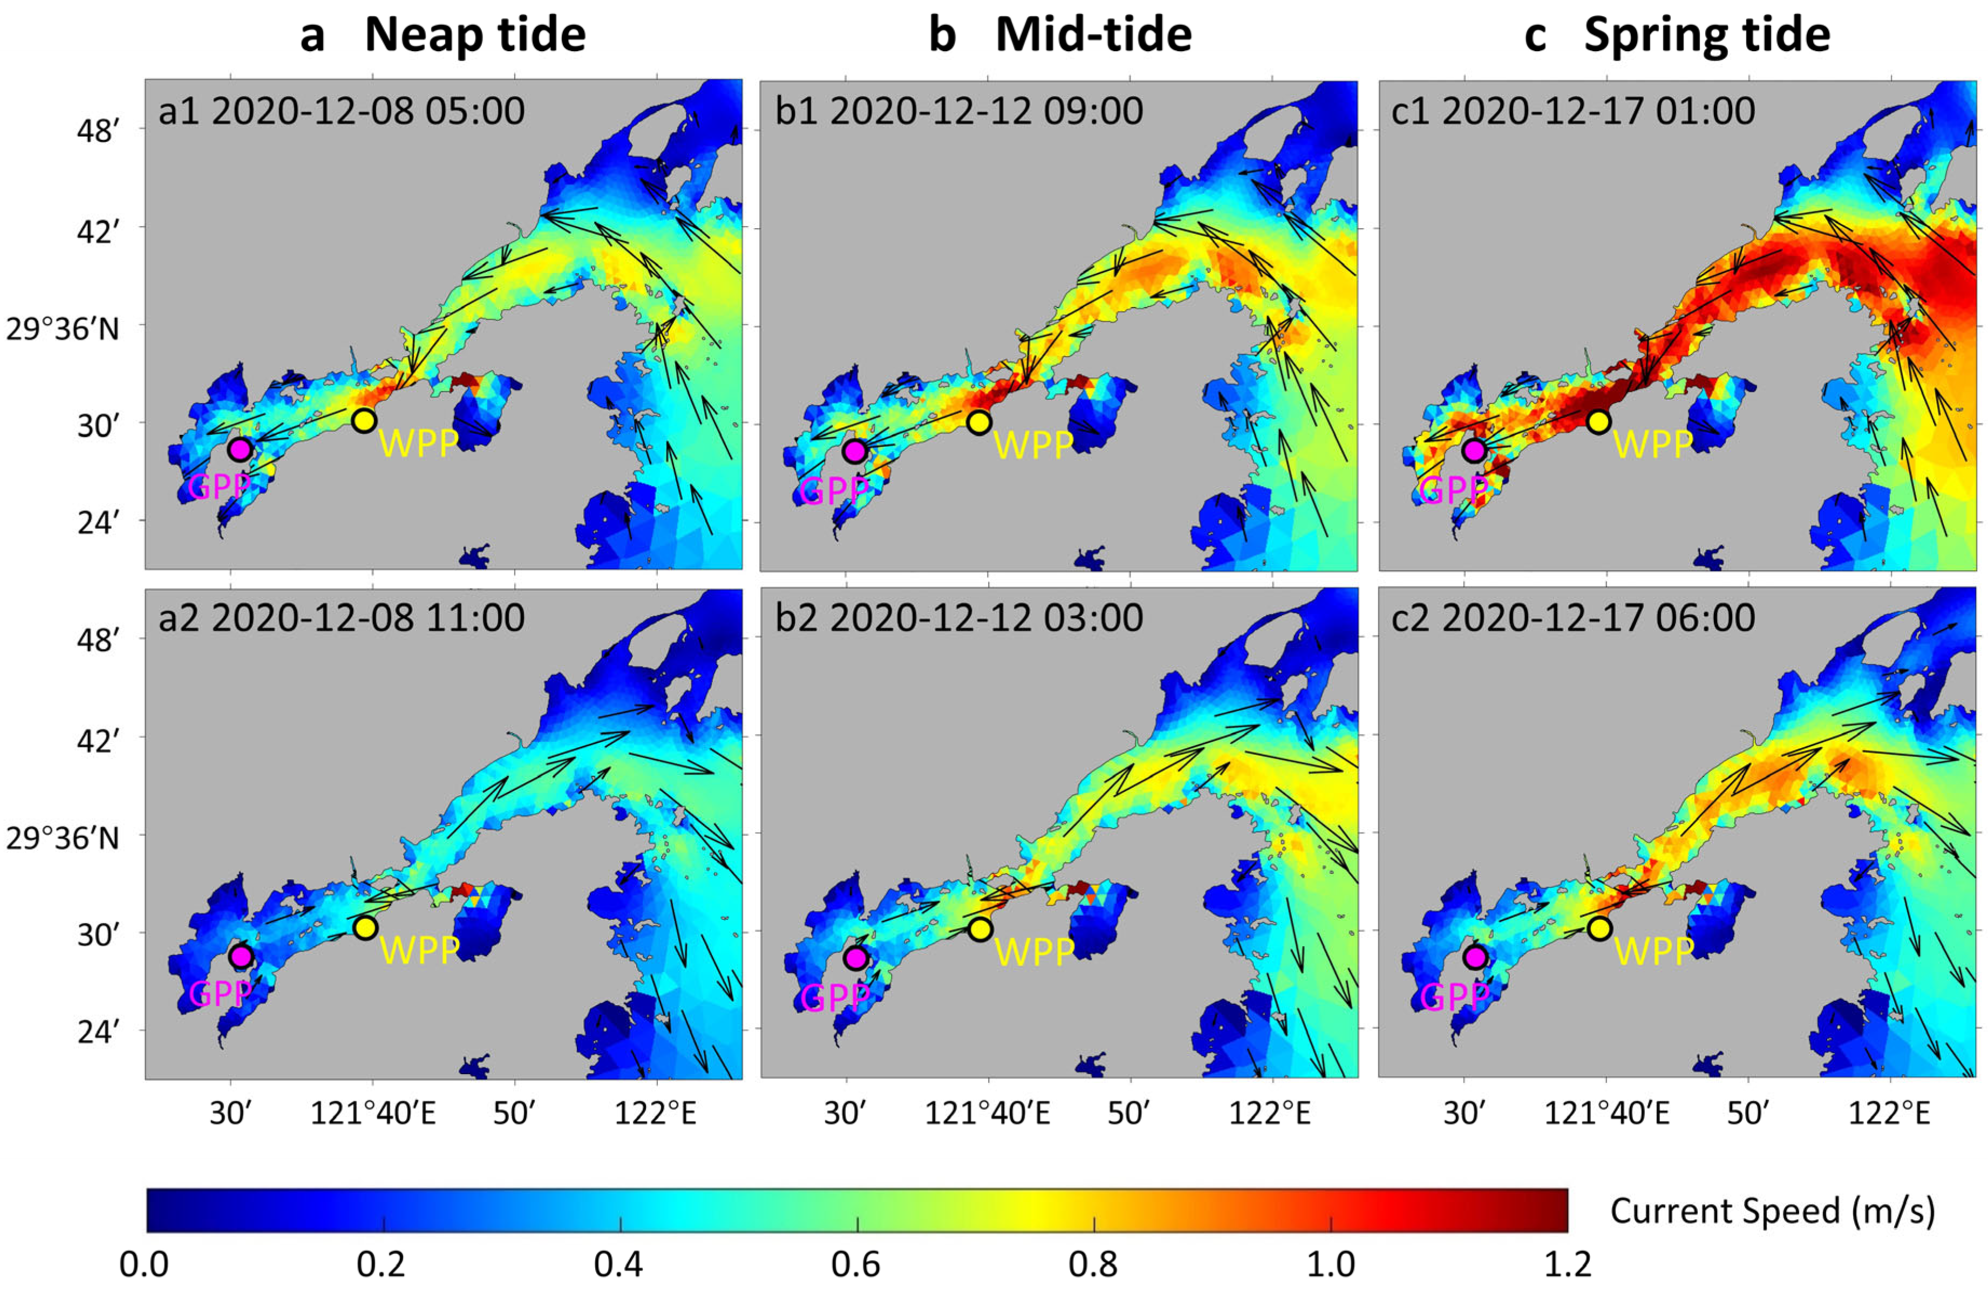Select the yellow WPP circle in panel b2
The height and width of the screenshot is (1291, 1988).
(980, 928)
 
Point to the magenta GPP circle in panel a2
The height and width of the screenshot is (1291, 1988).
(241, 956)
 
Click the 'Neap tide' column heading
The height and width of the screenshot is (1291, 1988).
(475, 35)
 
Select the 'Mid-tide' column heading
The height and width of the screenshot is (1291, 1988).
(1093, 35)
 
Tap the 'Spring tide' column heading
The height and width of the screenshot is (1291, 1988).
(1707, 35)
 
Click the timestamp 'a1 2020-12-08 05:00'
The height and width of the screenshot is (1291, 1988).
(342, 111)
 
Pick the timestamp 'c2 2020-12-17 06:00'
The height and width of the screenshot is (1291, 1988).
(1573, 618)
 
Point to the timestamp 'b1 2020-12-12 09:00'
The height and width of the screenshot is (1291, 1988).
(959, 111)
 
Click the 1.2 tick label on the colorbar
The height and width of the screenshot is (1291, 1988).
(1567, 1264)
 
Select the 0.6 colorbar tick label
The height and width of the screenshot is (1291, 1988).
(856, 1264)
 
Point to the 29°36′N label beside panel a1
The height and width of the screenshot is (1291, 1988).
(63, 329)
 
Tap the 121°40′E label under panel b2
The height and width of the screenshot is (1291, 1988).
(988, 1114)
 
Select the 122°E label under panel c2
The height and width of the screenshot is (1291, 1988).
(1889, 1114)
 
